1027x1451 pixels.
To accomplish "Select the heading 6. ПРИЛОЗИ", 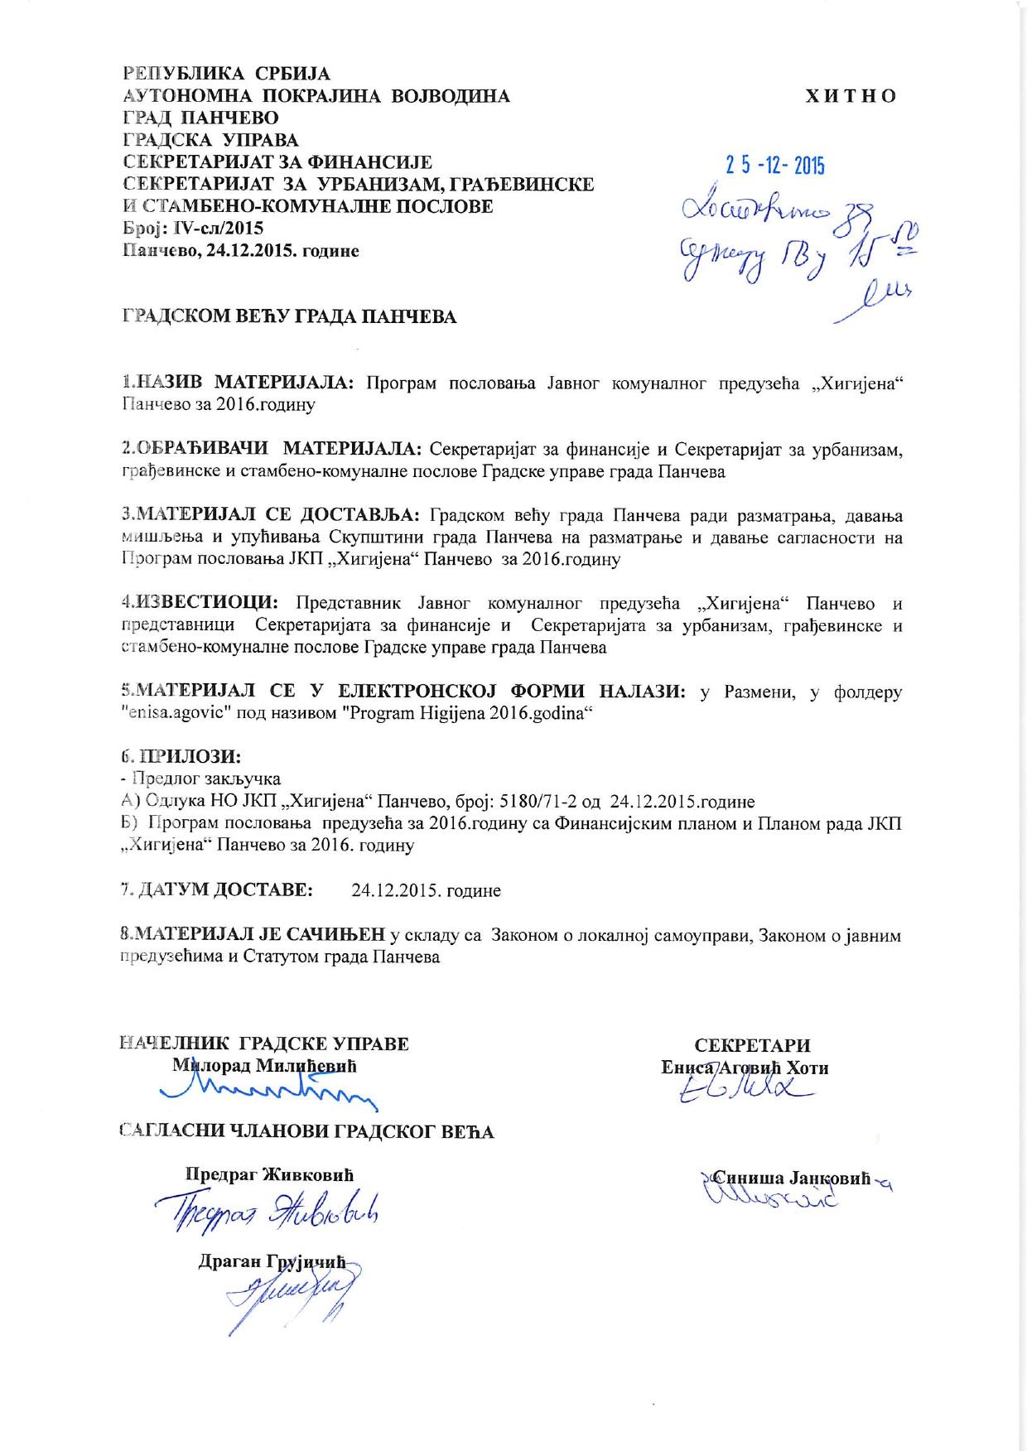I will [x=181, y=756].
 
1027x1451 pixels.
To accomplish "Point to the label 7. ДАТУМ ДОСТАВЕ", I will [x=217, y=890].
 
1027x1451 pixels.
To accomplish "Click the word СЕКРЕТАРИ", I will [x=752, y=1045].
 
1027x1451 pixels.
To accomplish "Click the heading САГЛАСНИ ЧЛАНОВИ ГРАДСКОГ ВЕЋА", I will [x=307, y=1131].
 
